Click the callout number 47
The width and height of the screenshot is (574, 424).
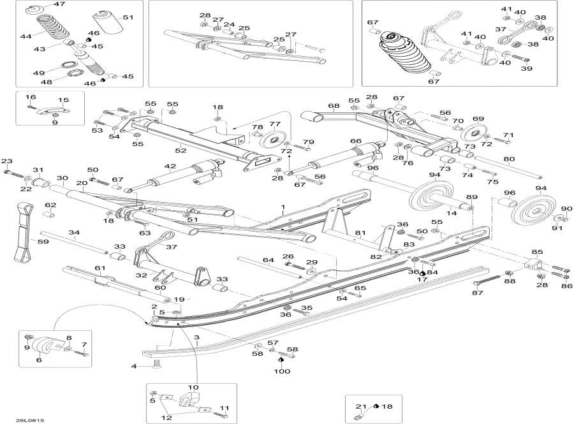(x=59, y=4)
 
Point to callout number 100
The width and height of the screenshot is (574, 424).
(x=282, y=370)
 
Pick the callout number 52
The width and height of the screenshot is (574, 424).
(x=180, y=150)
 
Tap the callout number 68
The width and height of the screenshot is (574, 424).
(x=333, y=106)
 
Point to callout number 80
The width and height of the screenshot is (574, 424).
(x=509, y=159)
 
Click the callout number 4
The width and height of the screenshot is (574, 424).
(x=134, y=366)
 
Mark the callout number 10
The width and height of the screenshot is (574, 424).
(x=193, y=388)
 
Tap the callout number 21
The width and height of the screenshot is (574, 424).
(x=359, y=406)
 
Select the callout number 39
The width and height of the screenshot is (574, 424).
(x=527, y=69)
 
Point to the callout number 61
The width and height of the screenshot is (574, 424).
(x=99, y=268)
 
